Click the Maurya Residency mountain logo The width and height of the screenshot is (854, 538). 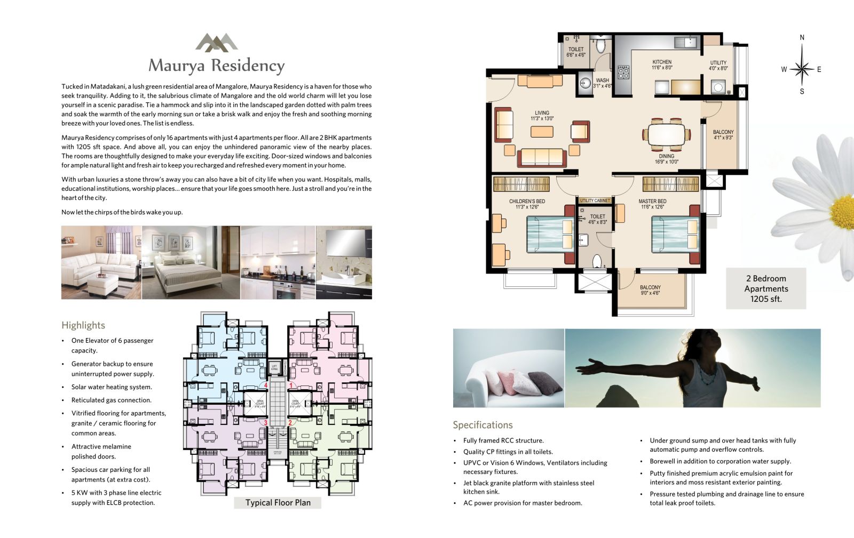(x=216, y=42)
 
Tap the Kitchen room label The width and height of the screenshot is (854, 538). (x=662, y=65)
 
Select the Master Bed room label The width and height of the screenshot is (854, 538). (x=652, y=204)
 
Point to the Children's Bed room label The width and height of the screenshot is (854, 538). (x=527, y=204)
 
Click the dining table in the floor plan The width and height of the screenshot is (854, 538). (x=667, y=134)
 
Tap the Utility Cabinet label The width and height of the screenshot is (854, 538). (x=595, y=200)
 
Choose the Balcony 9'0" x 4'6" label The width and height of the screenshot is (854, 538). (x=650, y=290)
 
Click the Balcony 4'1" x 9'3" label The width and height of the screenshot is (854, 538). (x=723, y=135)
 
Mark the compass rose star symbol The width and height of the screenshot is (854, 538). (x=801, y=69)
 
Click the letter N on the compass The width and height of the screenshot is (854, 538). (x=802, y=37)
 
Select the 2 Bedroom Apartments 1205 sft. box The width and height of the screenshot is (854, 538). (x=766, y=288)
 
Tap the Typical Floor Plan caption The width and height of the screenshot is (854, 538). (x=278, y=503)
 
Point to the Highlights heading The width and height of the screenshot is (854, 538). (x=83, y=325)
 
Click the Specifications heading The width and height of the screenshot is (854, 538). (x=483, y=425)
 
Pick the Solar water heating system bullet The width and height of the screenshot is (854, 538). (x=112, y=387)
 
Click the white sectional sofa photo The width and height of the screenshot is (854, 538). (x=101, y=262)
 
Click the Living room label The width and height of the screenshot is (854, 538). (x=542, y=116)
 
